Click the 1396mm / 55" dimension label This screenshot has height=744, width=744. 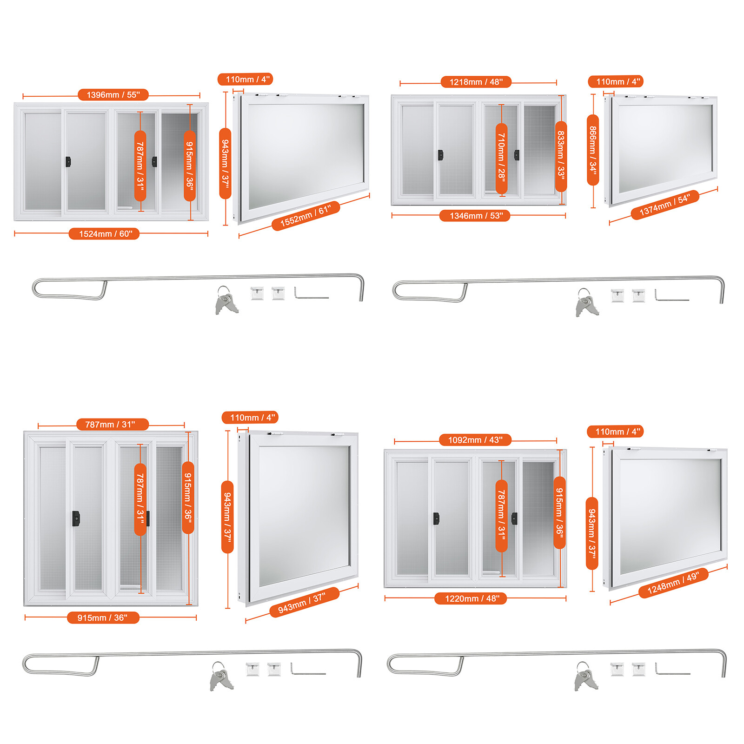pyautogui.click(x=113, y=95)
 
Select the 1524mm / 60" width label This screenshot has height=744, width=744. pyautogui.click(x=104, y=234)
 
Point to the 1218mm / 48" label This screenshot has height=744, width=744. pyautogui.click(x=476, y=82)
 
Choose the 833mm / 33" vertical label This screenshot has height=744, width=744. pyautogui.click(x=561, y=156)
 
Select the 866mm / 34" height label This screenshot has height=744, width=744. pyautogui.click(x=593, y=150)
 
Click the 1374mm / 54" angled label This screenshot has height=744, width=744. pyautogui.click(x=665, y=205)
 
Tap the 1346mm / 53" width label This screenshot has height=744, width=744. pyautogui.click(x=474, y=216)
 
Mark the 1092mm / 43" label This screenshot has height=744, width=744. pyautogui.click(x=475, y=440)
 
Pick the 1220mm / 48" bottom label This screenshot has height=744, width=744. pyautogui.click(x=470, y=598)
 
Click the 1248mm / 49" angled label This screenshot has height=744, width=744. pyautogui.click(x=673, y=583)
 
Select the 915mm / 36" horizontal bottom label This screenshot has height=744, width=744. pyautogui.click(x=103, y=618)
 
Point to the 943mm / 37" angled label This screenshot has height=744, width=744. pyautogui.click(x=304, y=602)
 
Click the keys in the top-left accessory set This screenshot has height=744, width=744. pyautogui.click(x=226, y=301)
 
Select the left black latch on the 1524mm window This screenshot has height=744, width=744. pyautogui.click(x=68, y=162)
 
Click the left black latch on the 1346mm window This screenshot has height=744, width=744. pyautogui.click(x=440, y=155)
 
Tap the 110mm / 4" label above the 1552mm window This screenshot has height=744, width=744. pyautogui.click(x=245, y=80)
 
